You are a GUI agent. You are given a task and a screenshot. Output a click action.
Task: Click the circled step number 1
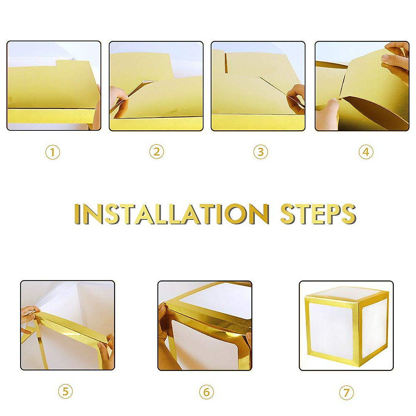pos(53,152)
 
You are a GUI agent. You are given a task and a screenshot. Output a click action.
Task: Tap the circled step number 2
pos(156,152)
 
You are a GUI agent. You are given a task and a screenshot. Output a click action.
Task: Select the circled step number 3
pos(260,152)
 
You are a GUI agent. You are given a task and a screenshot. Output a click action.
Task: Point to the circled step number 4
pos(366,152)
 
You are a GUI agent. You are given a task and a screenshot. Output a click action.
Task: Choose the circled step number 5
pos(65,392)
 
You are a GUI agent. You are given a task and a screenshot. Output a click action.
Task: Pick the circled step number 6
pos(206,392)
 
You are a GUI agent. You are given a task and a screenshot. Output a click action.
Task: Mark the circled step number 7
pos(346,393)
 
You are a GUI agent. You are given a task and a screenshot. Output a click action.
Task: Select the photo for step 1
pos(54,86)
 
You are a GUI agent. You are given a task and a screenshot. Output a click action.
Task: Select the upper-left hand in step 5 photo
pos(29,314)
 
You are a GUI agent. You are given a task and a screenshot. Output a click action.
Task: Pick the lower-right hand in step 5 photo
pos(107,350)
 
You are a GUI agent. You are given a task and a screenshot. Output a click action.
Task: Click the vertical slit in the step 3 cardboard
pos(226,63)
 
